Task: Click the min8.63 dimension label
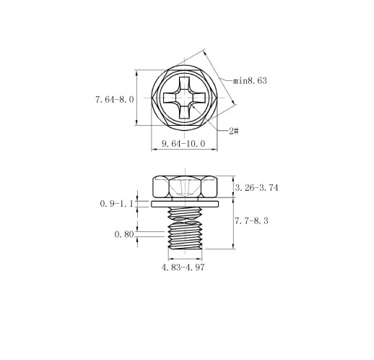(250, 80)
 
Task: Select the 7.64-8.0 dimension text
(114, 99)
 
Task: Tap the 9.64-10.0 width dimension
(183, 144)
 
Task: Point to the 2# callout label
(234, 131)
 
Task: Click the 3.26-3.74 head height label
(256, 187)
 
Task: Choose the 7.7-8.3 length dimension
(251, 220)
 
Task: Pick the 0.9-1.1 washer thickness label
(116, 204)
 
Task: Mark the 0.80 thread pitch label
(124, 234)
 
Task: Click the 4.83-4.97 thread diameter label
(183, 267)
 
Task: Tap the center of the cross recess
(185, 98)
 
